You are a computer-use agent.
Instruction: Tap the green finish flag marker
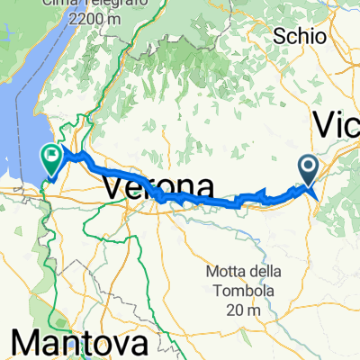click(x=52, y=161)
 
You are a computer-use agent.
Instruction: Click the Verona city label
click(x=159, y=188)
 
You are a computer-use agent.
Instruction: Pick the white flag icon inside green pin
click(x=52, y=158)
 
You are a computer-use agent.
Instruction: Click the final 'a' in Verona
click(x=206, y=188)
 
